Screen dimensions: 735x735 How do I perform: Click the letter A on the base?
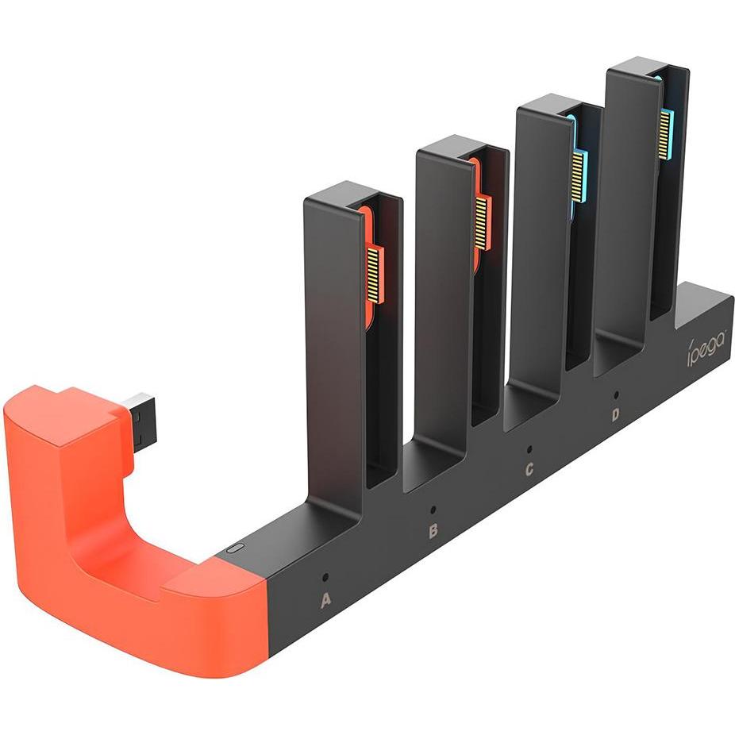pyautogui.click(x=325, y=602)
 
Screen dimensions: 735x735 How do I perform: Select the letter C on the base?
pyautogui.click(x=529, y=470)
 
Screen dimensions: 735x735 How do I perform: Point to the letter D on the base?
pyautogui.click(x=616, y=414)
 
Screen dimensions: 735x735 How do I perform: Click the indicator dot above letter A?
pyautogui.click(x=325, y=577)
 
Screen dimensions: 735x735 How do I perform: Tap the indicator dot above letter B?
pyautogui.click(x=433, y=509)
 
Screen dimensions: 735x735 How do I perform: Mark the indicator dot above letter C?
pyautogui.click(x=529, y=449)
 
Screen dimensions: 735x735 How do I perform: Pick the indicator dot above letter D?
pyautogui.click(x=616, y=393)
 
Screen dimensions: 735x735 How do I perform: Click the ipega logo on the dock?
pyautogui.click(x=706, y=348)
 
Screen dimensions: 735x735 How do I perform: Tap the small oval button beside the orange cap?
pyautogui.click(x=233, y=548)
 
